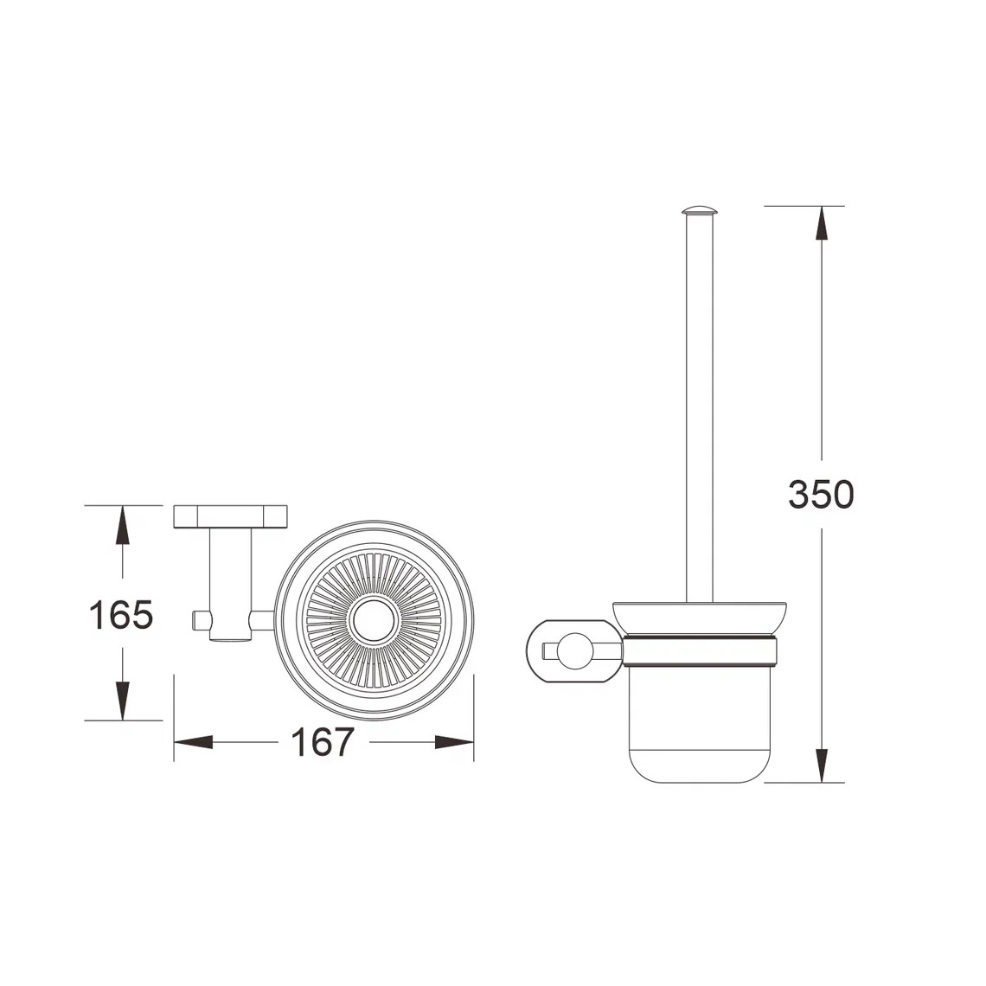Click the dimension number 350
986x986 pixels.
pyautogui.click(x=821, y=494)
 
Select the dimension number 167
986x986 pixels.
pyautogui.click(x=323, y=742)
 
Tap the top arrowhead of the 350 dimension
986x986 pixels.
pyautogui.click(x=822, y=223)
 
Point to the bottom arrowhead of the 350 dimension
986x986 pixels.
pyautogui.click(x=822, y=766)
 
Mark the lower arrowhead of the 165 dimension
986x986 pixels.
pyautogui.click(x=123, y=701)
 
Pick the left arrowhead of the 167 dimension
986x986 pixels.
pyautogui.click(x=193, y=743)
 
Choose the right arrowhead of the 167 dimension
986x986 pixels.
pyautogui.click(x=454, y=743)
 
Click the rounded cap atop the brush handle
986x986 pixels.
pyautogui.click(x=699, y=210)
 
